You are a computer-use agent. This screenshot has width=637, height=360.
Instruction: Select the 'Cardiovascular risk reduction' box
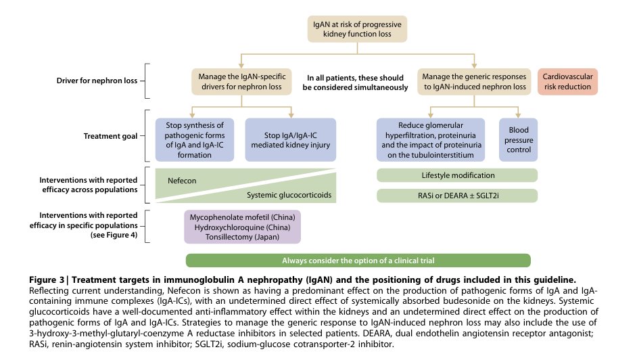pos(569,81)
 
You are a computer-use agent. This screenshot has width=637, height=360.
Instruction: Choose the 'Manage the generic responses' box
pos(471,81)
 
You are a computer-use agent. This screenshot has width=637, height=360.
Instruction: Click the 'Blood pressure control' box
pos(518,139)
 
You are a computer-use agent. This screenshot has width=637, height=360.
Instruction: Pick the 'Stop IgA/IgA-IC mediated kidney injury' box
pos(290,139)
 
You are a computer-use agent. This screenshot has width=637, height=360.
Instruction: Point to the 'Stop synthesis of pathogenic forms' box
pos(194,139)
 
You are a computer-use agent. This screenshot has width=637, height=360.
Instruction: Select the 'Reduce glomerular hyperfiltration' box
pos(431,139)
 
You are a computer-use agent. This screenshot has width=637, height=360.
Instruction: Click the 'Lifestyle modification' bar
pos(456,175)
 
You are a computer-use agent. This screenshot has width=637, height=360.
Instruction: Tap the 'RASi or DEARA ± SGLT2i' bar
pos(456,196)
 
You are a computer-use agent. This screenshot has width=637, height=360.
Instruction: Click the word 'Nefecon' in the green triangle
pos(182,181)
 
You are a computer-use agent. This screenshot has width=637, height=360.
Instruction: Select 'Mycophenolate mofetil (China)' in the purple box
pos(243,217)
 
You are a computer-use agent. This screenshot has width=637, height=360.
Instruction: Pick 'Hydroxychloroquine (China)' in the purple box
pos(243,227)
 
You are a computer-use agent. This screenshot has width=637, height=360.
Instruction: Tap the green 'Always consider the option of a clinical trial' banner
pos(358,261)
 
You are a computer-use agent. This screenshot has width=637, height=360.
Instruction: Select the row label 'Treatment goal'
pos(111,136)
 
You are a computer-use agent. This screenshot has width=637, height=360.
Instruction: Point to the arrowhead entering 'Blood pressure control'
pos(518,115)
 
